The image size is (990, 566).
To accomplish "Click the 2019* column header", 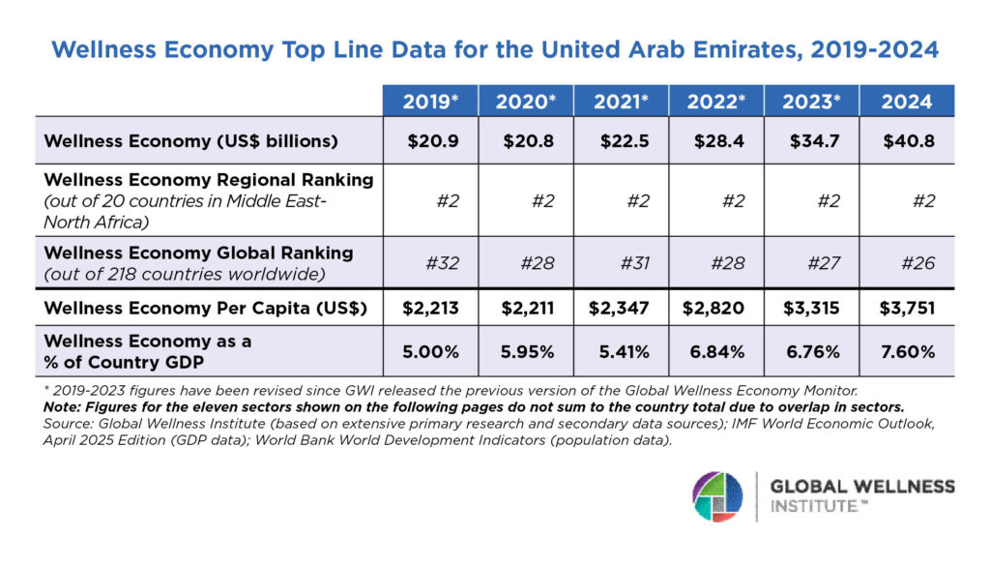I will point(430,102).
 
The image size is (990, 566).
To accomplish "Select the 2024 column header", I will point(907,102).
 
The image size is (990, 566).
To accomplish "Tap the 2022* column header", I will point(715,102).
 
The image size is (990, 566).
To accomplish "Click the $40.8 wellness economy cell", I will point(907,141).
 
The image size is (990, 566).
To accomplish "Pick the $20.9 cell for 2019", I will point(430,141).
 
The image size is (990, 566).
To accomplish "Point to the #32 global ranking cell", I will point(430,261).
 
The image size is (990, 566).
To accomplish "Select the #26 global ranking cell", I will point(907,261).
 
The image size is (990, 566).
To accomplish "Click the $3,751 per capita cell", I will point(907,310).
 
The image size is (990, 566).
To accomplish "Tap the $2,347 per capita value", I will point(621,310).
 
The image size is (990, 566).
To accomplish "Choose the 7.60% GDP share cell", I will point(907,352).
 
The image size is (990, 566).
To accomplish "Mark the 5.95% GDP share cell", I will point(526,352).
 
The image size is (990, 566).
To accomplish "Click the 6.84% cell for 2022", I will point(715,352).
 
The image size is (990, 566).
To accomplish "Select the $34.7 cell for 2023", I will point(811,141).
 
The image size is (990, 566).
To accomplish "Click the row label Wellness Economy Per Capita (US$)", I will point(191,310).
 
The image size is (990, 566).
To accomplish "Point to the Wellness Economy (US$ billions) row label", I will point(190,141).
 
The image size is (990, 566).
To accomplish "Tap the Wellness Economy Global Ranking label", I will point(198,253).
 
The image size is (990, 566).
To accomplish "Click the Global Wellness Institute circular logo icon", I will point(717,496).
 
